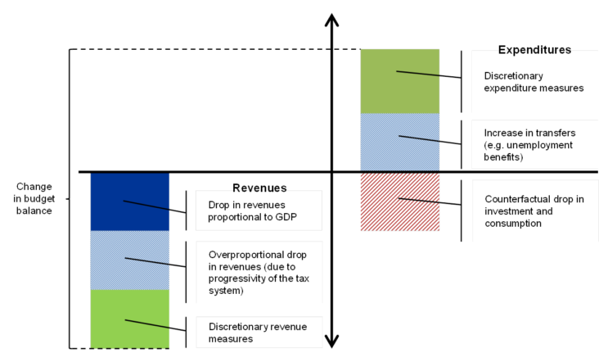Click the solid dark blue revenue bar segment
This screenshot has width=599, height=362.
coord(129,201)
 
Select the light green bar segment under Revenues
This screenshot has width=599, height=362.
coord(129,319)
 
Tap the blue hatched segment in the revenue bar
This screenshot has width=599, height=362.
coord(129,260)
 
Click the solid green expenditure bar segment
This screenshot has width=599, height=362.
coord(400,81)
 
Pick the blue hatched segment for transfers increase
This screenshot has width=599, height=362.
coord(400,143)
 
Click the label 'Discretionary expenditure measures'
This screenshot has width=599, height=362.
coord(534,82)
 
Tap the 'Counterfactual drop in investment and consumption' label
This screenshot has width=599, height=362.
coord(533,210)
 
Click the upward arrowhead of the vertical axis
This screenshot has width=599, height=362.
coord(331,20)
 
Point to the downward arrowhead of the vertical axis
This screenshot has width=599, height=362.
coord(331,342)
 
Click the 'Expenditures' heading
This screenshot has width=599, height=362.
coord(534,51)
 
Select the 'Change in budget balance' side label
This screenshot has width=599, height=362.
coord(34,199)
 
